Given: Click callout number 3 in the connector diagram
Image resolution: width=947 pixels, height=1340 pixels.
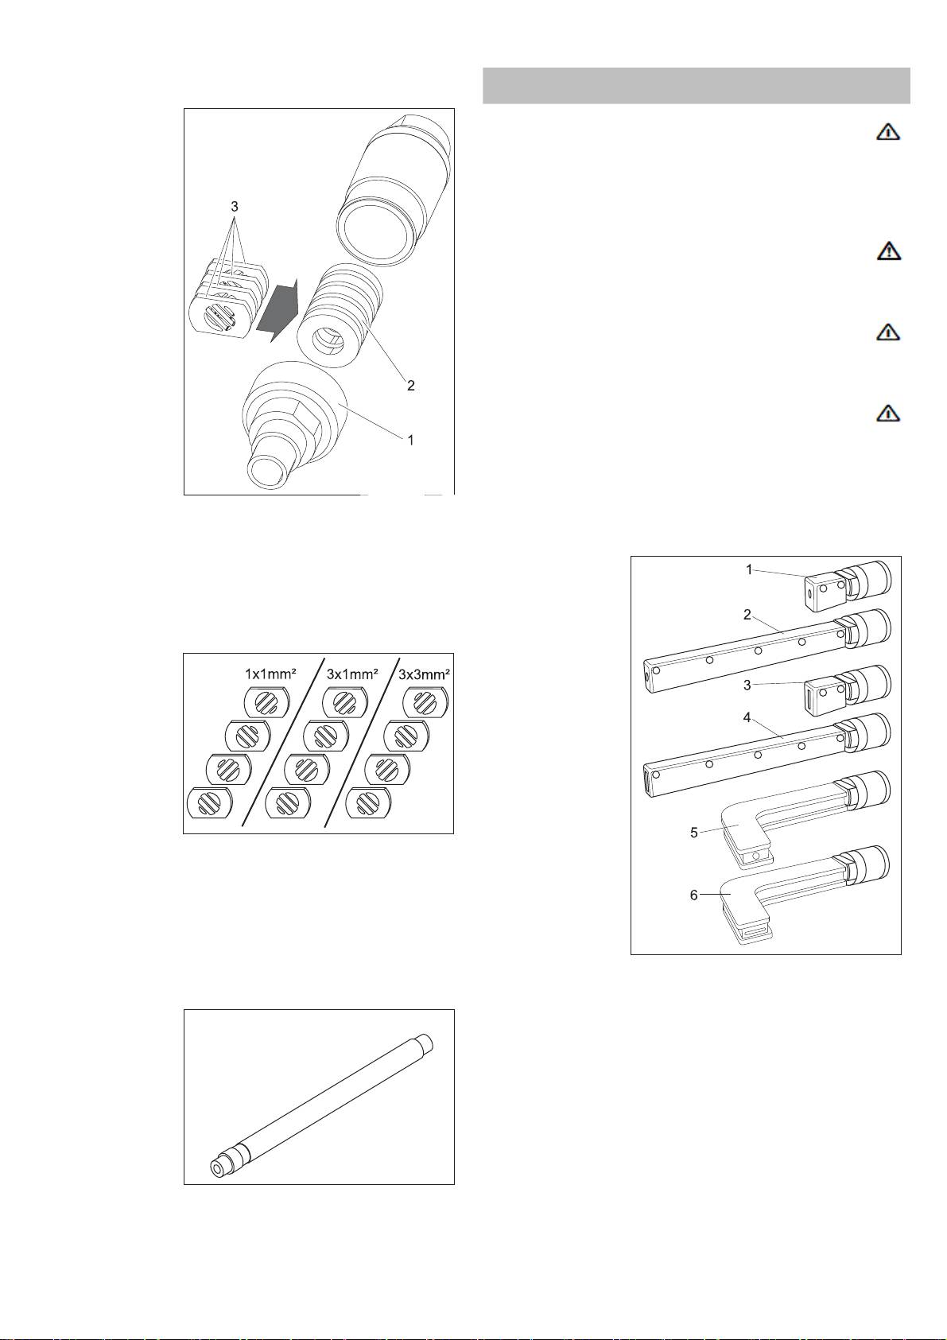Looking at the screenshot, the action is (x=235, y=207).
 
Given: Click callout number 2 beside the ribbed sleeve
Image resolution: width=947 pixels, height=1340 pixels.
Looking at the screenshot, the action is (x=411, y=386).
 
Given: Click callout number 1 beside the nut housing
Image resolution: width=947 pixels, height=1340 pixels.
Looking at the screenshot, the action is (x=410, y=441).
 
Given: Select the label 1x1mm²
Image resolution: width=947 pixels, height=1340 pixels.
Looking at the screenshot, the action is (x=271, y=674).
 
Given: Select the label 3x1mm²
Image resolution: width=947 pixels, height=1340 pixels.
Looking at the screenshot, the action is (x=352, y=674).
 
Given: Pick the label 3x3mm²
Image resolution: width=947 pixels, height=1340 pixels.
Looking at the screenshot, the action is (x=424, y=674).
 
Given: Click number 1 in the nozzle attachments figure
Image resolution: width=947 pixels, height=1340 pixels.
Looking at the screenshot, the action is (x=749, y=570).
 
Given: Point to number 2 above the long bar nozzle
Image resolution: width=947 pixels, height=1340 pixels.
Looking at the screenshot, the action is (x=747, y=615).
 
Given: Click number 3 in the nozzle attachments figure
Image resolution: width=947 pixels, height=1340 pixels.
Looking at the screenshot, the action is (x=747, y=686).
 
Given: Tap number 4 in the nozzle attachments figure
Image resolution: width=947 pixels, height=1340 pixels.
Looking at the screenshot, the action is (x=747, y=717).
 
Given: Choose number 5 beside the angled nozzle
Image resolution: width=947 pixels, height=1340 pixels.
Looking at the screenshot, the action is (x=694, y=833).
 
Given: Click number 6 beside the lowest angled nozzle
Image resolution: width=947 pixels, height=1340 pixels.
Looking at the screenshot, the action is (x=694, y=895).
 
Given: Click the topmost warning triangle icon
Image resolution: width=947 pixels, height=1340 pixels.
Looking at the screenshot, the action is (x=888, y=131).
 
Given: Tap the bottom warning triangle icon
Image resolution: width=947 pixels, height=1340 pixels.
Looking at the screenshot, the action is (x=888, y=413).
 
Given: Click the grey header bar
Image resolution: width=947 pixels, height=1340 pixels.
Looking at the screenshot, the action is (x=697, y=86).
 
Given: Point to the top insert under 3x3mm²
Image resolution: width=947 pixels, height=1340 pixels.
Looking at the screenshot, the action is (x=425, y=702).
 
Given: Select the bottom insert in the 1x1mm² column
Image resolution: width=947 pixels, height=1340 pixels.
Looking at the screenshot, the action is (x=209, y=802).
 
